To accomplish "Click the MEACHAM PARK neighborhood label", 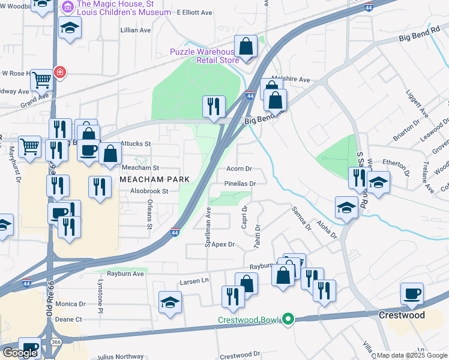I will (x=155, y=179).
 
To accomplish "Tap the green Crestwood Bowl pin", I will (x=288, y=319).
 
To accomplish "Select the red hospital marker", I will (x=60, y=73).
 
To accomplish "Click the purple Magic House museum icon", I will (x=67, y=7).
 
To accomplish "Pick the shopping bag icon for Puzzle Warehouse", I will (x=246, y=46).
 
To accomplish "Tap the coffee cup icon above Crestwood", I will (x=412, y=294).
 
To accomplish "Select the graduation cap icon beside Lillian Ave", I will (x=70, y=28).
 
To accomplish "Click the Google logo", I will (x=20, y=353).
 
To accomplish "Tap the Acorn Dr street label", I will (x=239, y=169).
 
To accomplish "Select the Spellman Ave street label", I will (x=208, y=228).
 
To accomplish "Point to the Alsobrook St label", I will (x=147, y=191).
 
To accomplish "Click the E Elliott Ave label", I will (x=194, y=13).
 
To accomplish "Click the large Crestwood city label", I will (x=402, y=315).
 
